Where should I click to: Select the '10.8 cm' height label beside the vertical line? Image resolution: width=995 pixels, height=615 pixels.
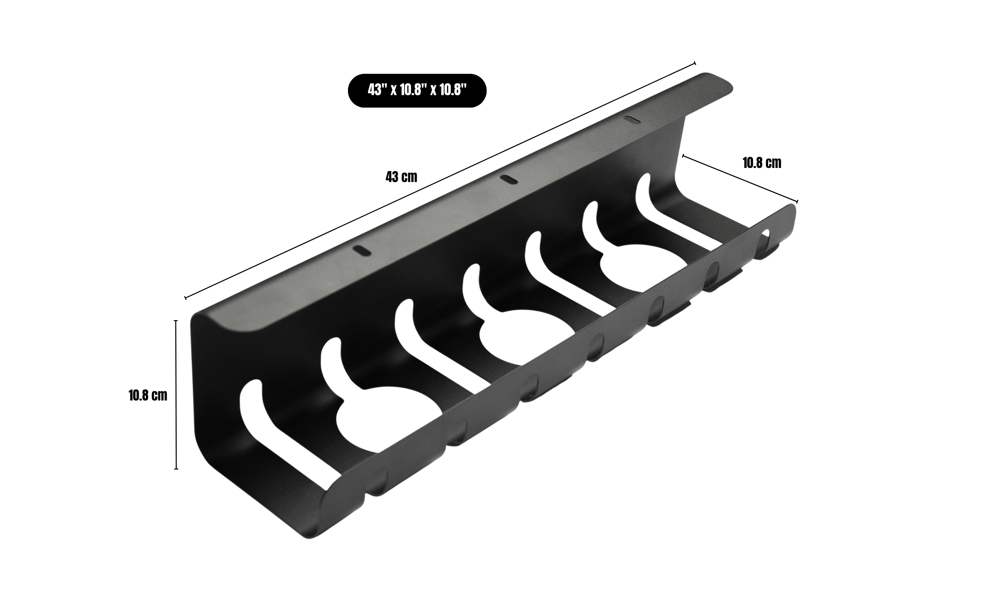tap(148, 395)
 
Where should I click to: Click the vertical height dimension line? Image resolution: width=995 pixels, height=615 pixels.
tap(176, 395)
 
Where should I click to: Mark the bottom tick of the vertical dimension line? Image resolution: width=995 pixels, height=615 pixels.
tap(176, 469)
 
